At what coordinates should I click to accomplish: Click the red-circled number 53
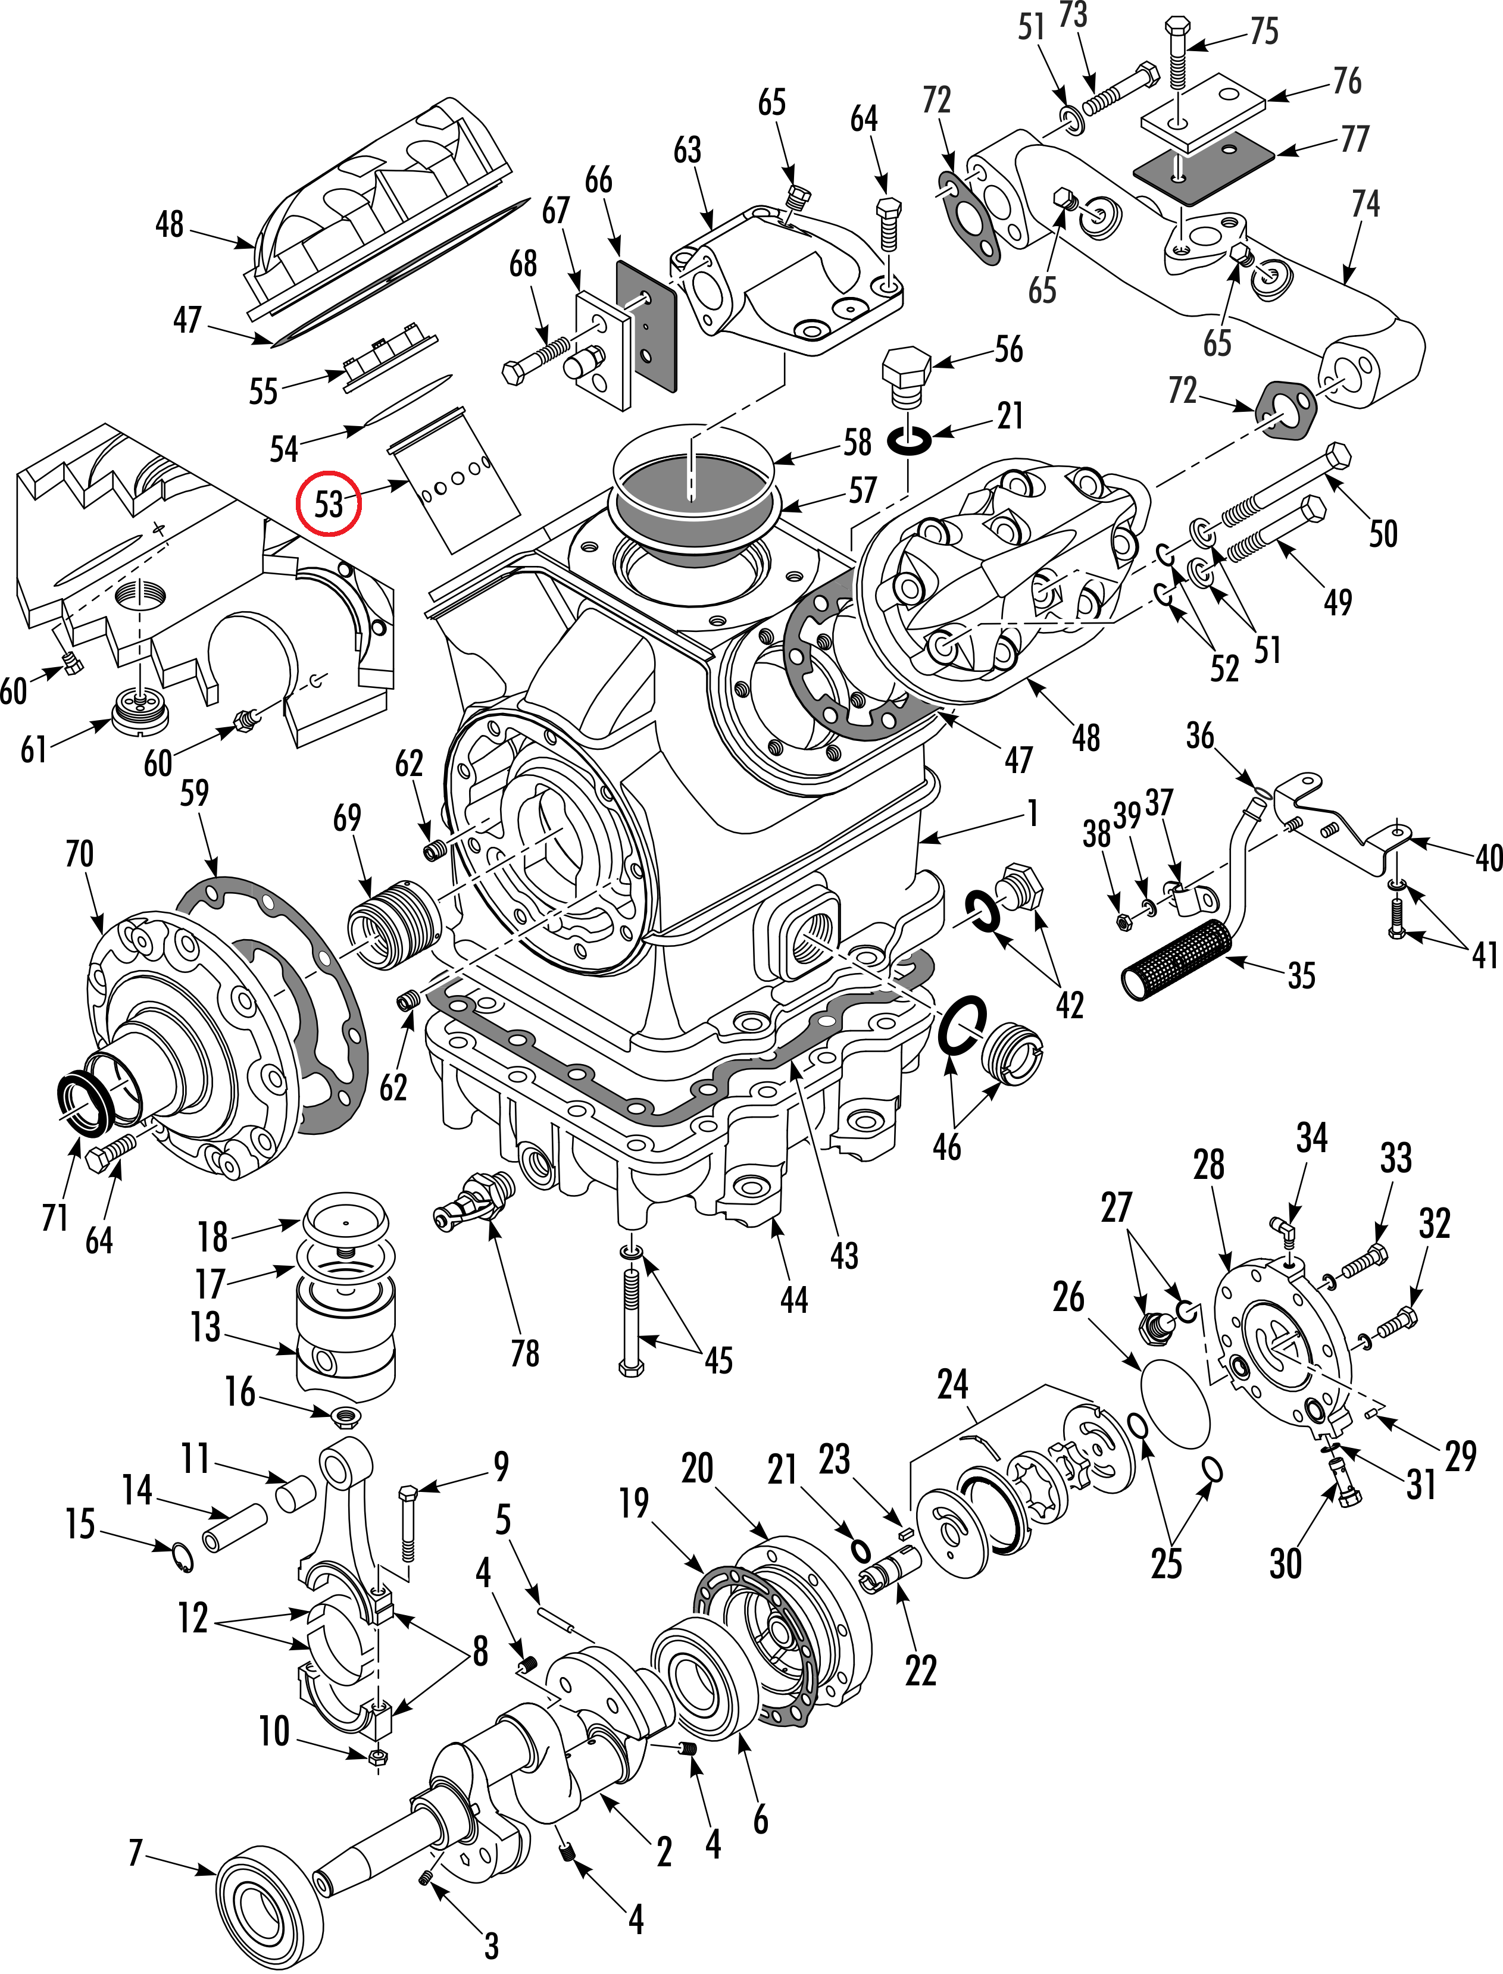329,503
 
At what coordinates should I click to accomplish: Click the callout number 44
793,1299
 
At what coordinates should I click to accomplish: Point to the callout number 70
80,853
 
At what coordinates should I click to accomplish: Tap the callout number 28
1209,1165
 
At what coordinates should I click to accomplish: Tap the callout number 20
697,1469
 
